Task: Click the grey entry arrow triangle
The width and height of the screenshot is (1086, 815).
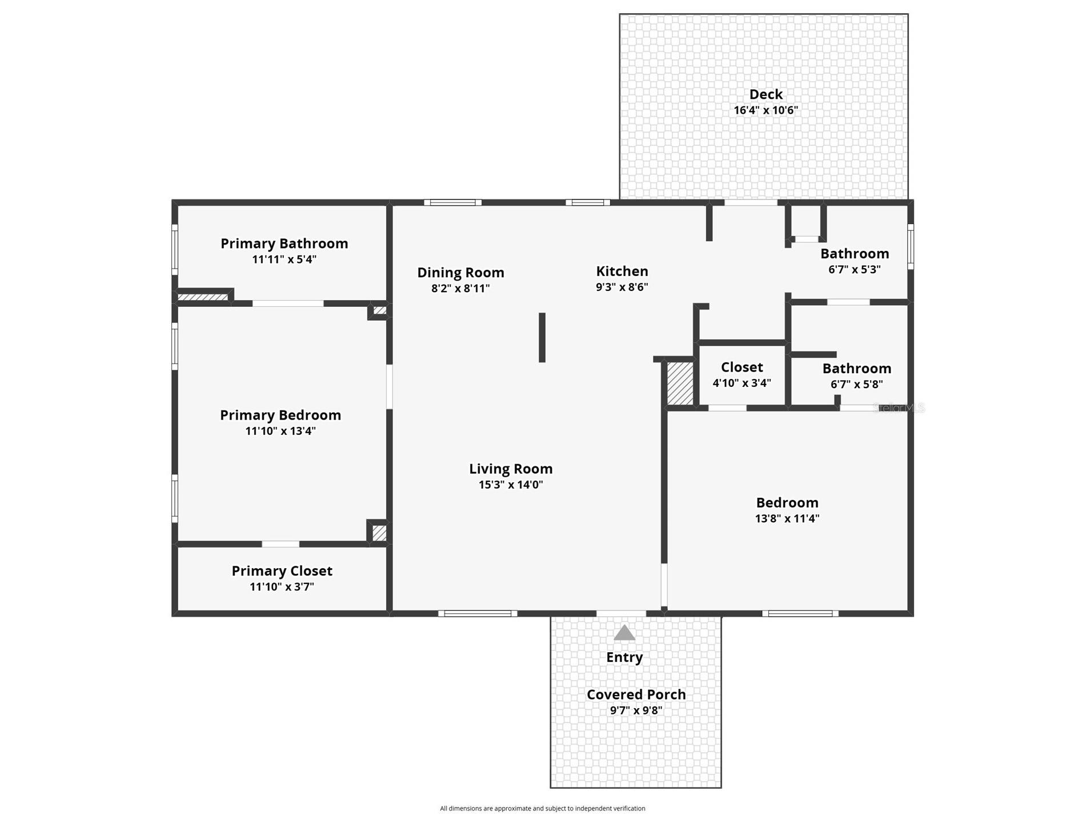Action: tap(624, 633)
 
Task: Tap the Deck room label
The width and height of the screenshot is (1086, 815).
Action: tap(766, 94)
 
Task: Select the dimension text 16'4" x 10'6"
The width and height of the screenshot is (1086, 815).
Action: tap(766, 110)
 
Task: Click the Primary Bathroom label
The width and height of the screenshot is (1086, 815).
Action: tap(284, 243)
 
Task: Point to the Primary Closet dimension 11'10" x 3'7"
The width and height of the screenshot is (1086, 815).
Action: tap(282, 587)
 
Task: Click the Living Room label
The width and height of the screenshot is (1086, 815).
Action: tap(511, 469)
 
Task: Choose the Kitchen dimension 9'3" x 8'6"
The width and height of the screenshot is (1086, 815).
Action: tap(622, 287)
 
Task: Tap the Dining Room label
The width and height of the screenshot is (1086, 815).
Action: tap(460, 273)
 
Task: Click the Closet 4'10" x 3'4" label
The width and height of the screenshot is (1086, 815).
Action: tap(742, 367)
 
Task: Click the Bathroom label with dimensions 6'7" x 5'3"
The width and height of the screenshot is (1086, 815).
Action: tap(855, 254)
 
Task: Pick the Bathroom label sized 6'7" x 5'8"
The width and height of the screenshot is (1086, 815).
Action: tap(856, 369)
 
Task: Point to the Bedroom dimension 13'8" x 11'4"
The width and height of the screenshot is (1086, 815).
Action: tap(787, 518)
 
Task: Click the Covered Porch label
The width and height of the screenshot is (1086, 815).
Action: tap(636, 694)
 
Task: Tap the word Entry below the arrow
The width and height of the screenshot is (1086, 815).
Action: tap(624, 657)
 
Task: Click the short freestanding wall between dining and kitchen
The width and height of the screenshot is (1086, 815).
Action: tap(542, 337)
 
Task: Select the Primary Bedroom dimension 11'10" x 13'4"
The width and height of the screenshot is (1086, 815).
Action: tap(280, 431)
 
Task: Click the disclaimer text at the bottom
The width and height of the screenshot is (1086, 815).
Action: tap(542, 808)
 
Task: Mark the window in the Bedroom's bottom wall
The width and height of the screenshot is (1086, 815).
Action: tap(800, 614)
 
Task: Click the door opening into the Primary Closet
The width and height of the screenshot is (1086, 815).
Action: tap(280, 544)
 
